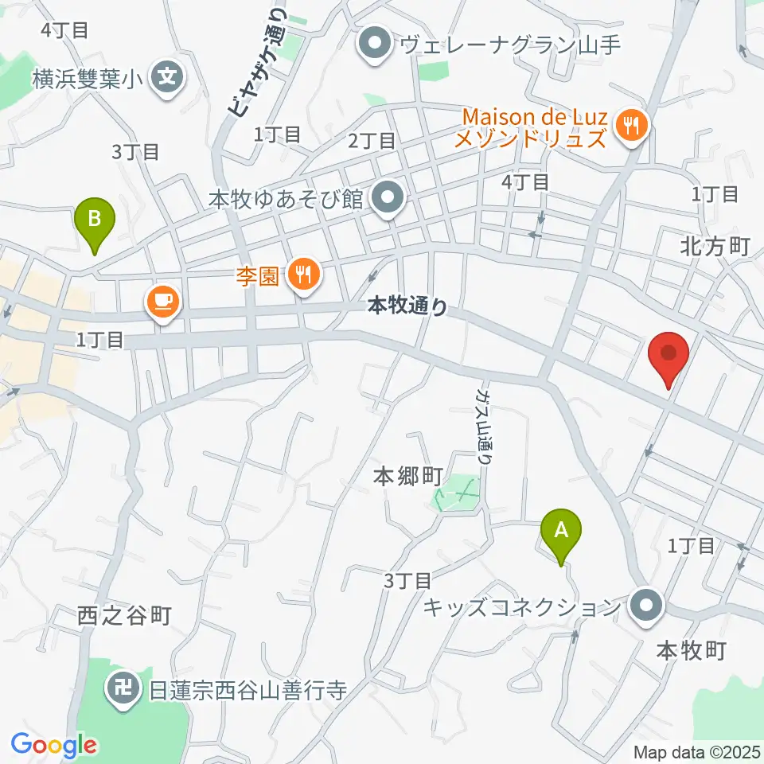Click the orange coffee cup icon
(162, 302)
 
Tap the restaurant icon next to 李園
(303, 274)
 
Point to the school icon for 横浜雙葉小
(168, 77)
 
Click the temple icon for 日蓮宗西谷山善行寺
(125, 687)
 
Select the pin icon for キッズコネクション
(645, 606)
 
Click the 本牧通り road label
(408, 304)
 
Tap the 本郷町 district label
(408, 477)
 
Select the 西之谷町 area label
(126, 614)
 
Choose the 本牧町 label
(691, 650)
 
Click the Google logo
(54, 745)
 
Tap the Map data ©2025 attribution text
(695, 751)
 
